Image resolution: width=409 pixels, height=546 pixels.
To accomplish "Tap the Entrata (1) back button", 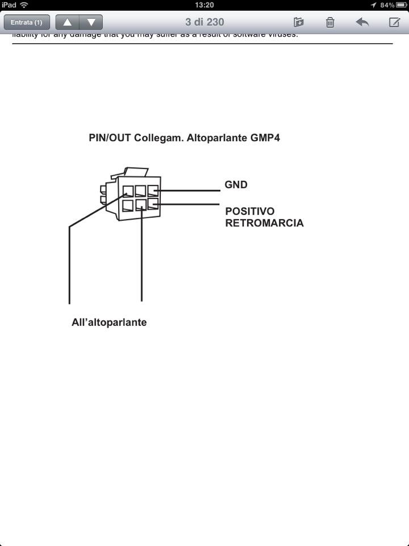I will [x=27, y=22].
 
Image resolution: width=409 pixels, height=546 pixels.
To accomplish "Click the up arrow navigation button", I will [x=68, y=22].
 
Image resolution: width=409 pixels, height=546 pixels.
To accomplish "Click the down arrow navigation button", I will [x=91, y=22].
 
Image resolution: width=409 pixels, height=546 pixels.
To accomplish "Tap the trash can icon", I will [x=330, y=22].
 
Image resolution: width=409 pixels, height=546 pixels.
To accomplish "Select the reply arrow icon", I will [x=362, y=22].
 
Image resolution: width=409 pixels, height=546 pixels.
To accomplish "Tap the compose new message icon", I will [x=394, y=22].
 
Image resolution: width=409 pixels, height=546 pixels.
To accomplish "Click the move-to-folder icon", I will [x=298, y=22].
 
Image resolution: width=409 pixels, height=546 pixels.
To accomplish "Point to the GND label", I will [x=236, y=185].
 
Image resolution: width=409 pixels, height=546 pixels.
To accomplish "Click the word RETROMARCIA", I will [x=264, y=223].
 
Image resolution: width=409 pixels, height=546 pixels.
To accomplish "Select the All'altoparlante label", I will [x=109, y=322].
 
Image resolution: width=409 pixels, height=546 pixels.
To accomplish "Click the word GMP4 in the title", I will [x=265, y=138].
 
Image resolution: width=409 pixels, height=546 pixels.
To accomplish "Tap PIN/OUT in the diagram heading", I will [x=110, y=138].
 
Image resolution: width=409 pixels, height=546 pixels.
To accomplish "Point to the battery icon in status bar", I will [x=402, y=5].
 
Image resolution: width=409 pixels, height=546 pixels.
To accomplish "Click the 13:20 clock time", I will [x=204, y=5].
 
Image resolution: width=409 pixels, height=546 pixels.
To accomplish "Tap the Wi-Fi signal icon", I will [x=24, y=5].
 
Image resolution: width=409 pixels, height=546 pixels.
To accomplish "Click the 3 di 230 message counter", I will [x=204, y=22].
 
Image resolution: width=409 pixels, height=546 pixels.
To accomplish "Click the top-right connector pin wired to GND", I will [x=153, y=191].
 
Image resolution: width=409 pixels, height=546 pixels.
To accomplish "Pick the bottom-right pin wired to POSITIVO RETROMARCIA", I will [x=153, y=204].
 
